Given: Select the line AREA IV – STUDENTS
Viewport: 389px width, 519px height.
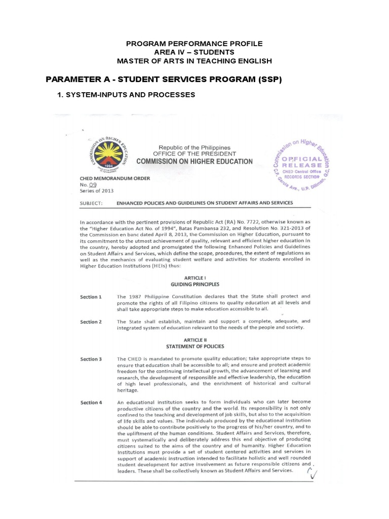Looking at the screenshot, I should pos(194,52).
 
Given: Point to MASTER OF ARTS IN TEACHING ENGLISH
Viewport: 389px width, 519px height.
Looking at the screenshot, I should pos(194,61).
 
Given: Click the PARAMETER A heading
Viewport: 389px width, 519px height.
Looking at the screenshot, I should pos(164,80).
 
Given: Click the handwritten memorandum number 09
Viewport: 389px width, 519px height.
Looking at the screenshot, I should pos(92,184).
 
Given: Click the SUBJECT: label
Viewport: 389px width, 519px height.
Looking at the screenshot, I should pos(92,203).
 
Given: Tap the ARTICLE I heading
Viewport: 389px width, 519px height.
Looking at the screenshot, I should pos(194,278).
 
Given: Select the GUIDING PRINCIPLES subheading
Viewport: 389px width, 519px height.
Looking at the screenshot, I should pos(194,285).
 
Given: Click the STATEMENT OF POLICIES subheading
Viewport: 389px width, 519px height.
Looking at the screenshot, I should pos(195,346).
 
